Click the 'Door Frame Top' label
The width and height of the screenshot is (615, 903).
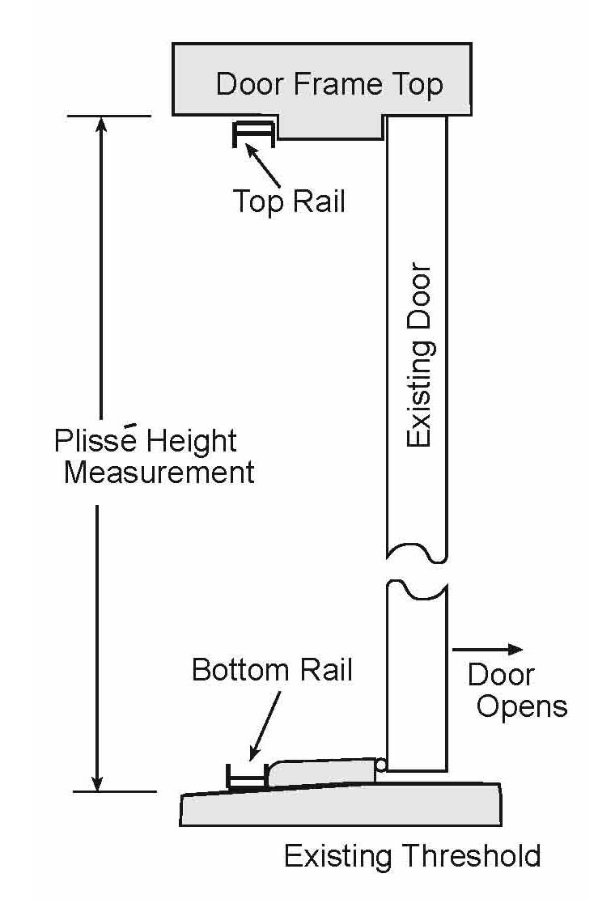click(x=329, y=84)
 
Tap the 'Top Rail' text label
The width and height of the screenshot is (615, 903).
click(x=289, y=201)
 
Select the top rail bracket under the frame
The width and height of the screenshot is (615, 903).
click(x=253, y=134)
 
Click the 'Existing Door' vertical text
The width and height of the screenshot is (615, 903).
click(x=419, y=355)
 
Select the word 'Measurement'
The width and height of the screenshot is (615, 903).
click(x=159, y=472)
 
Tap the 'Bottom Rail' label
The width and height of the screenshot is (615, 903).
click(x=272, y=670)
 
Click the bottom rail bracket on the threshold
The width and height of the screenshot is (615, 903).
click(x=247, y=777)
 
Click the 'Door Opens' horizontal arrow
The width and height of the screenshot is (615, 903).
click(x=487, y=649)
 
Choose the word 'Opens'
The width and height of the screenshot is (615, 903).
click(x=522, y=706)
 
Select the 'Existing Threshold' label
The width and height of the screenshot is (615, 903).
click(x=412, y=855)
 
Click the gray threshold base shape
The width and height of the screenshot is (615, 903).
click(x=340, y=807)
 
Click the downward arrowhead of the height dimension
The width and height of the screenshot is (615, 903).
click(x=98, y=782)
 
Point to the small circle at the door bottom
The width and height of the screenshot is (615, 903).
click(x=381, y=765)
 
